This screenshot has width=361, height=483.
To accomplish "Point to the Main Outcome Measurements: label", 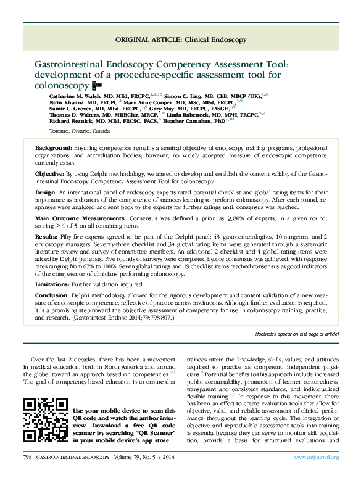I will click(77, 218).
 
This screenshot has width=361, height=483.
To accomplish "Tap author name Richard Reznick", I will click(70, 121).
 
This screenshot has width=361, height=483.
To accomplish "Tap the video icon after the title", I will click(95, 85).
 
